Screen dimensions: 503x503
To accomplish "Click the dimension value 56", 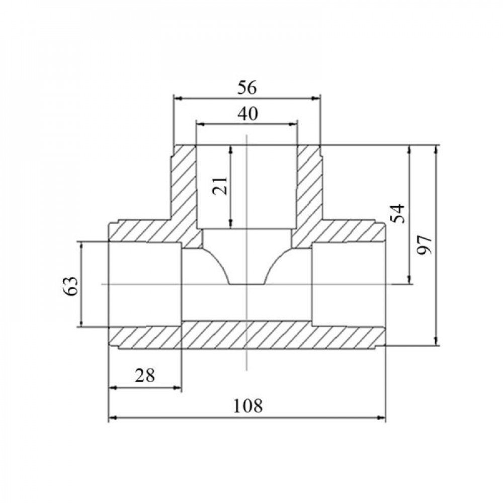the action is (x=247, y=88).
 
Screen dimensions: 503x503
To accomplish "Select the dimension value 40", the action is (x=247, y=114).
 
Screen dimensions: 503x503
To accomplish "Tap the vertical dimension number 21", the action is (x=220, y=186).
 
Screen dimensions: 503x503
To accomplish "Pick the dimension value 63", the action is (x=70, y=286).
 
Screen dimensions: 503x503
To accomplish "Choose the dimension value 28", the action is (x=145, y=375).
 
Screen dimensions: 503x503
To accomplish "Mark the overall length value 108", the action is (x=247, y=405).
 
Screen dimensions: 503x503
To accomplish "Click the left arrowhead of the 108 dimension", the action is (x=113, y=417).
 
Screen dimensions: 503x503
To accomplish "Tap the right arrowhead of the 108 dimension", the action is (x=381, y=417).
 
